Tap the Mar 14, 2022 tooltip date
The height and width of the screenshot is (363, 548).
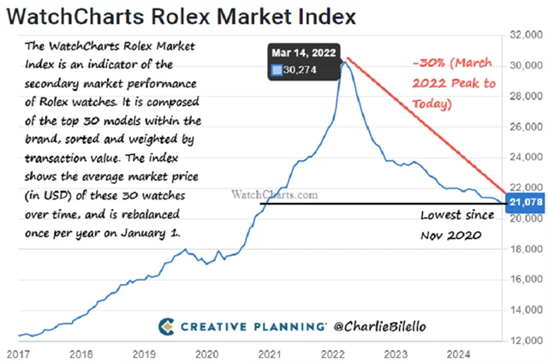click(x=304, y=54)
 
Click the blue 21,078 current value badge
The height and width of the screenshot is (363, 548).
click(x=524, y=201)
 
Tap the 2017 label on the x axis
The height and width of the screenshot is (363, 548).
click(x=18, y=353)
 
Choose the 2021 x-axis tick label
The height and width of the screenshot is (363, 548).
click(x=271, y=353)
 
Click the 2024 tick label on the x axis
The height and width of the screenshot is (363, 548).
click(x=460, y=353)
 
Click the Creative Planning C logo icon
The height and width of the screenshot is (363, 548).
click(x=169, y=325)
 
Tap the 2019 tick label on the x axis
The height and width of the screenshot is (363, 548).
click(x=144, y=353)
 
